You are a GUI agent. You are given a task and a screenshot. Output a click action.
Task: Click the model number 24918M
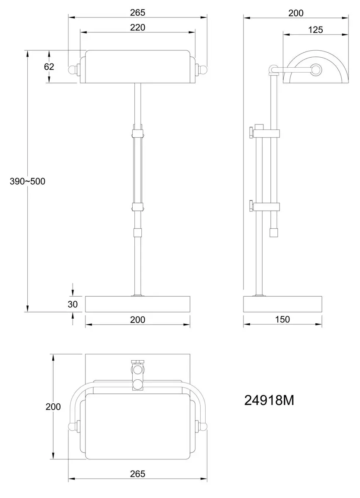pyautogui.click(x=269, y=400)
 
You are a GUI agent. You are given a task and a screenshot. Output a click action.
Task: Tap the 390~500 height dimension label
pyautogui.click(x=27, y=181)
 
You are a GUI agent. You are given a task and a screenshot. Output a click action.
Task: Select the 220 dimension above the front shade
pyautogui.click(x=138, y=27)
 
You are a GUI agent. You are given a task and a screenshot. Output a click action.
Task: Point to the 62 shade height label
pyautogui.click(x=49, y=67)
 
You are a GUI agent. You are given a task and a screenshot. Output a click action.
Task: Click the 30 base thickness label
pyautogui.click(x=73, y=304)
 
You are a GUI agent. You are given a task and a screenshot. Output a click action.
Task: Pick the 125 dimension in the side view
pyautogui.click(x=316, y=30)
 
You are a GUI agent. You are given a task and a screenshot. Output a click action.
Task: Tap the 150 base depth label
pyautogui.click(x=282, y=320)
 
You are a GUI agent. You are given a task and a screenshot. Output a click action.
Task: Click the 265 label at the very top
pyautogui.click(x=138, y=13)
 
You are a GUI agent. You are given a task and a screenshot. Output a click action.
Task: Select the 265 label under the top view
pyautogui.click(x=138, y=472)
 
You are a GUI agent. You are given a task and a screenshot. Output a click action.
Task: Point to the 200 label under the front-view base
pyautogui.click(x=138, y=320)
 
